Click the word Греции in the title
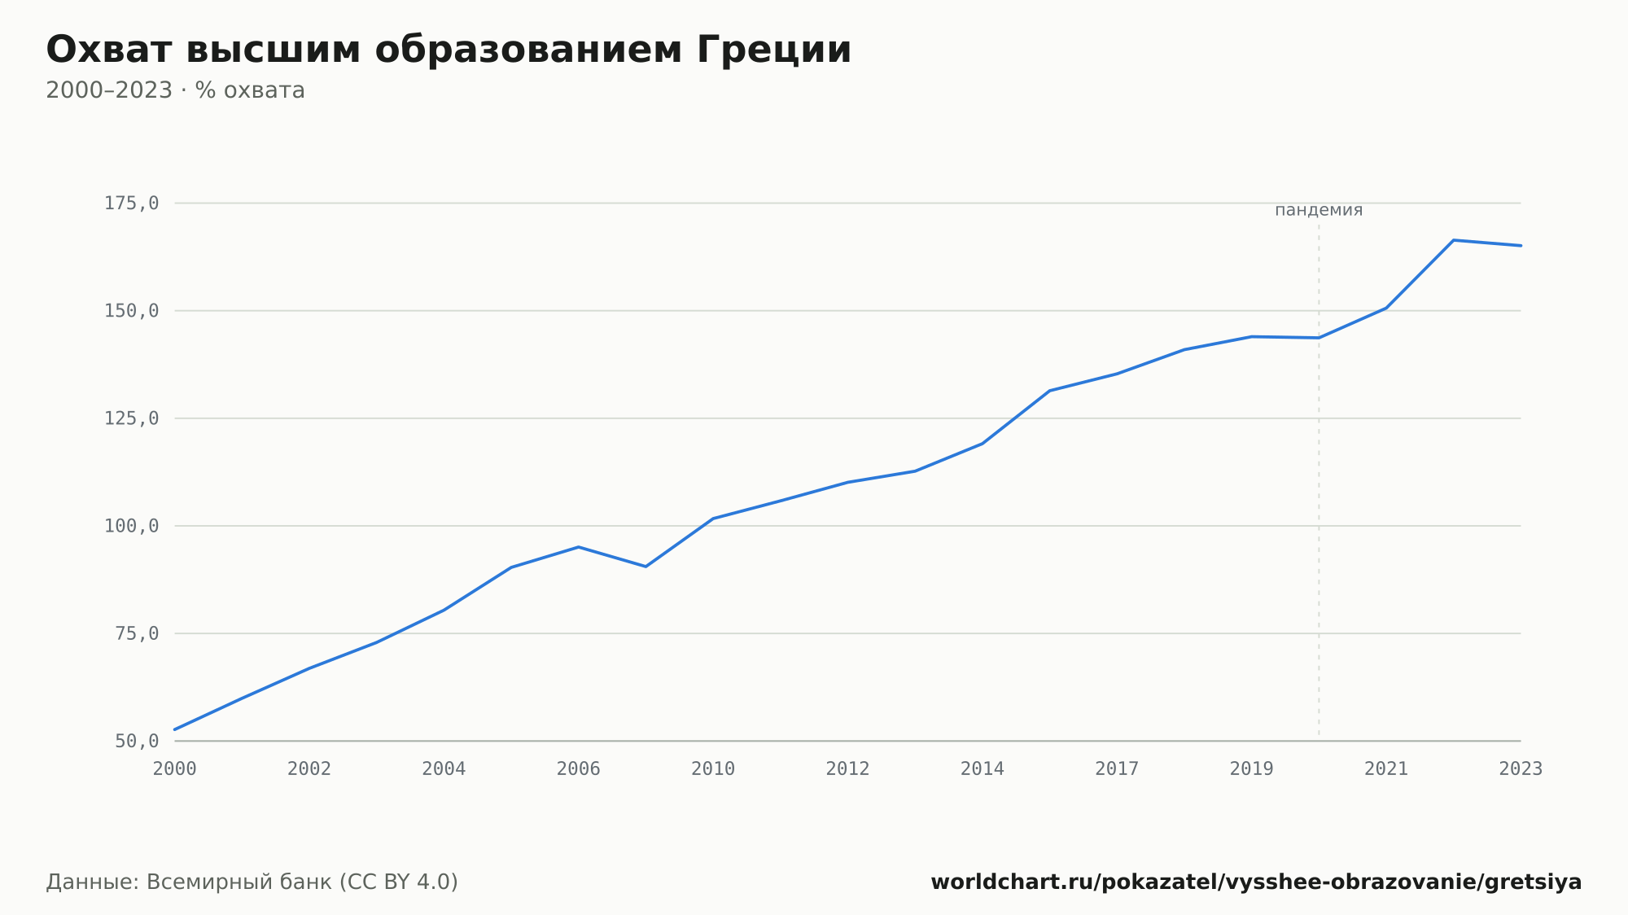(x=774, y=50)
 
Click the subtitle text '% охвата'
(x=250, y=90)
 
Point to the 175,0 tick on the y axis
(x=131, y=204)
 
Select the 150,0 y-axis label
(x=131, y=311)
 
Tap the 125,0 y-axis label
(x=131, y=418)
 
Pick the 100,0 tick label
(x=131, y=526)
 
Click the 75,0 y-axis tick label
(x=137, y=633)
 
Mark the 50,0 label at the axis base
(x=137, y=741)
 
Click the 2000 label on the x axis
(x=175, y=769)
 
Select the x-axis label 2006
(x=579, y=769)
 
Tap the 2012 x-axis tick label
(x=848, y=769)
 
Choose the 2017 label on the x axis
(x=1117, y=769)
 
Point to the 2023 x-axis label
(x=1521, y=769)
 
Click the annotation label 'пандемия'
(x=1319, y=210)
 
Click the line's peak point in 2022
(x=1454, y=240)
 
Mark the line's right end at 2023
(x=1521, y=245)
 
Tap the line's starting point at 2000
(x=175, y=729)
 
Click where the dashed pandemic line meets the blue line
(x=1319, y=338)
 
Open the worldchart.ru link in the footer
(x=1256, y=882)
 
